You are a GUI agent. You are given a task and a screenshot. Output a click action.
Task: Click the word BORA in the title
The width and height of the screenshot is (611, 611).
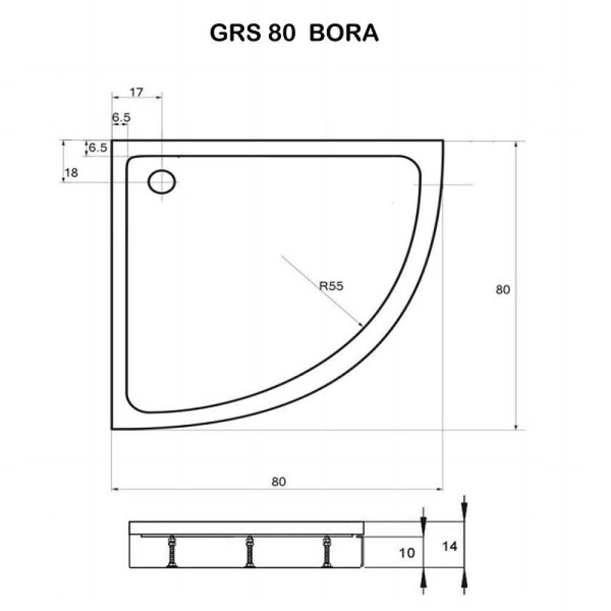(x=345, y=33)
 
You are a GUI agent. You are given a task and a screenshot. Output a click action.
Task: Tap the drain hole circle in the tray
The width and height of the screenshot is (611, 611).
(x=162, y=181)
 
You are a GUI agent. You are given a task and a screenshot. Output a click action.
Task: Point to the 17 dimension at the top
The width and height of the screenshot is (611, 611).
(x=137, y=92)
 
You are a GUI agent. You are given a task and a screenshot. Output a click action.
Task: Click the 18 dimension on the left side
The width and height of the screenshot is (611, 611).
(x=71, y=172)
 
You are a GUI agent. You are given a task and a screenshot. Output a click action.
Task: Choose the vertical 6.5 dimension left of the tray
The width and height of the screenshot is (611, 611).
(x=98, y=147)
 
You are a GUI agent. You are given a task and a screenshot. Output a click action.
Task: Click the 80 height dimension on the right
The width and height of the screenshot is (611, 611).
(x=502, y=290)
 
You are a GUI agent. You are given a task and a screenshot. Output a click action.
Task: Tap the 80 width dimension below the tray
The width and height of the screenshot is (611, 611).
(x=279, y=481)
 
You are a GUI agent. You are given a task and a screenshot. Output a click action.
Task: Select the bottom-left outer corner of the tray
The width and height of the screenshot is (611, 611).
(x=112, y=428)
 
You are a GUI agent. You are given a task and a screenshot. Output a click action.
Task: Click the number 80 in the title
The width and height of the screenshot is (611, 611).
(x=282, y=33)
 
